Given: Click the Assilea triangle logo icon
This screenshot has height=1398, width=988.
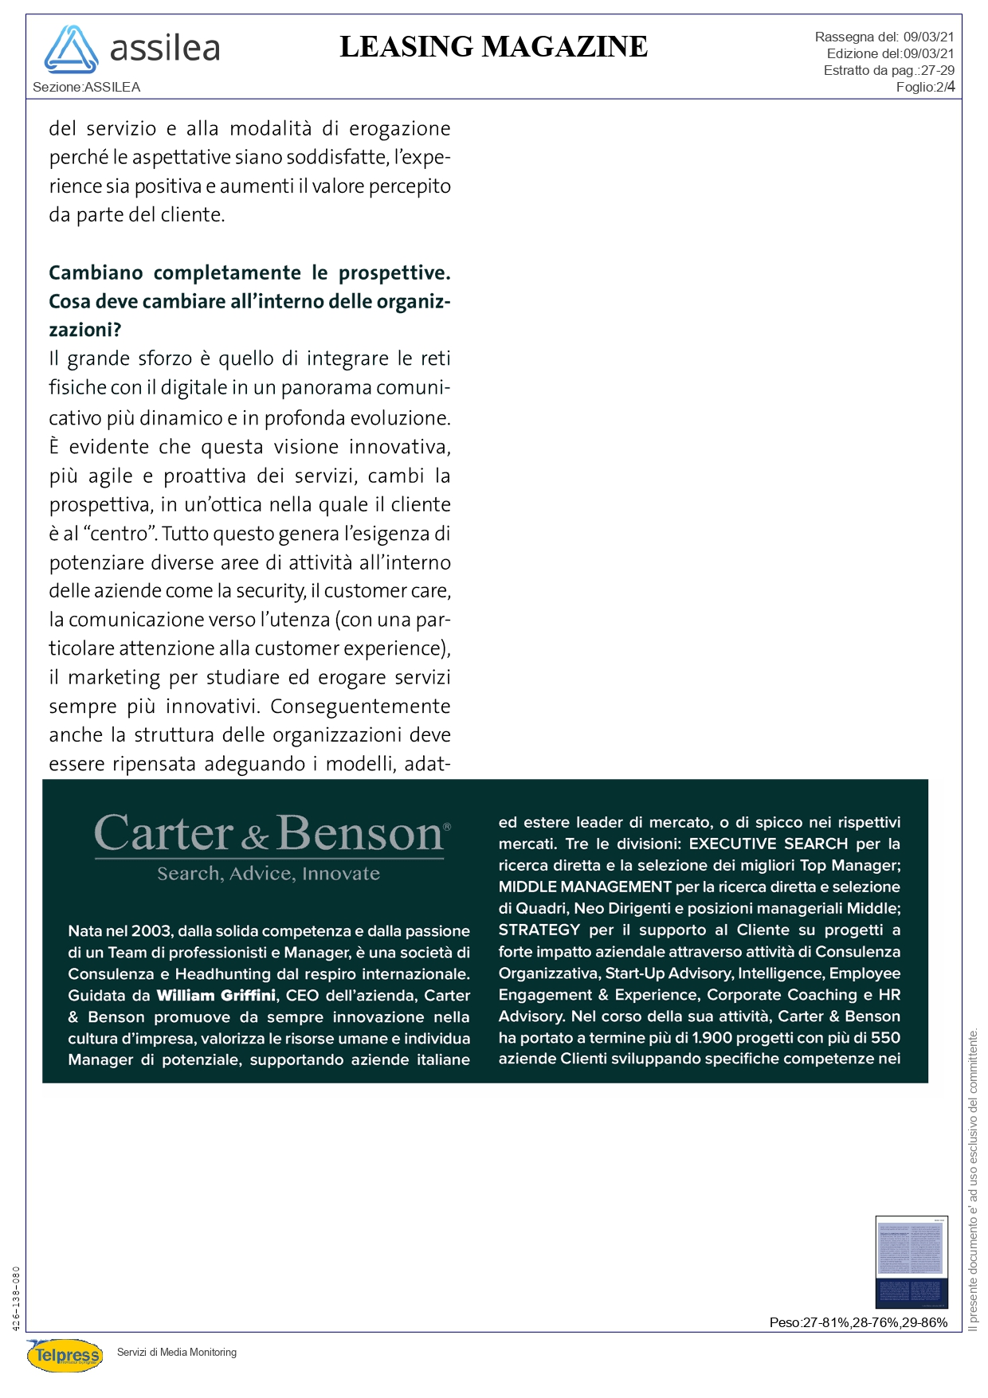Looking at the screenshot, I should tap(71, 50).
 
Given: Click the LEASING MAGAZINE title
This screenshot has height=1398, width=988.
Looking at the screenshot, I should tap(493, 47).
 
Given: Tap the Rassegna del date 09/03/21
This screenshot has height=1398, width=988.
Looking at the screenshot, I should tap(928, 37).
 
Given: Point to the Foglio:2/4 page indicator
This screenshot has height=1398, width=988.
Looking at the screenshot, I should tap(925, 87).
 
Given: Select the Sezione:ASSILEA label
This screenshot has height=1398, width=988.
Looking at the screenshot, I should tap(86, 87).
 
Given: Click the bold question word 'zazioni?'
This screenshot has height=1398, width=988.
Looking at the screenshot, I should tap(85, 330).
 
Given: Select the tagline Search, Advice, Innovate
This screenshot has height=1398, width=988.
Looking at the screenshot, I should tap(269, 874).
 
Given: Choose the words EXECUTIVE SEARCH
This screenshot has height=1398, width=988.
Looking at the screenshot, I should tap(768, 844).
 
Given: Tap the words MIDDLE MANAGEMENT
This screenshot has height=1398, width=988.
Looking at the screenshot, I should tap(585, 887).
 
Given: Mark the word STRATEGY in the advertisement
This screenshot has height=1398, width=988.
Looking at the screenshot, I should tap(539, 930).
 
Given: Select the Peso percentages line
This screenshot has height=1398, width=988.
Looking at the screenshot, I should tap(858, 1323).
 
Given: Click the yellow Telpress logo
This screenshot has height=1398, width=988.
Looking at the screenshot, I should tap(65, 1355).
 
